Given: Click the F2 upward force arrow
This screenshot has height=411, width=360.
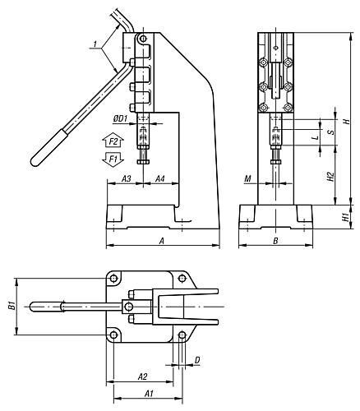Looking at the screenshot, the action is click(x=113, y=141).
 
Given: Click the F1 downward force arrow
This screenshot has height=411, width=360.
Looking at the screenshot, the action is click(x=113, y=159).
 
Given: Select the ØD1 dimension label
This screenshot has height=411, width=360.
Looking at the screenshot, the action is click(x=121, y=118).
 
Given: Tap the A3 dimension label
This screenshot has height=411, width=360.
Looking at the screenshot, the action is click(x=126, y=179).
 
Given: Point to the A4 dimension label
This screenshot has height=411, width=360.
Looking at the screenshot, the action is click(x=160, y=179).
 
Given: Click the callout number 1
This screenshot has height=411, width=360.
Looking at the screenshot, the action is click(x=95, y=44).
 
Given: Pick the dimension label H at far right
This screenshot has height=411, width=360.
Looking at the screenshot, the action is click(x=347, y=121).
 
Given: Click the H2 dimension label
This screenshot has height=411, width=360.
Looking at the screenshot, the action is click(x=331, y=177).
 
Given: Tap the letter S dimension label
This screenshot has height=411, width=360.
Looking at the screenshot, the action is click(x=331, y=132).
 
